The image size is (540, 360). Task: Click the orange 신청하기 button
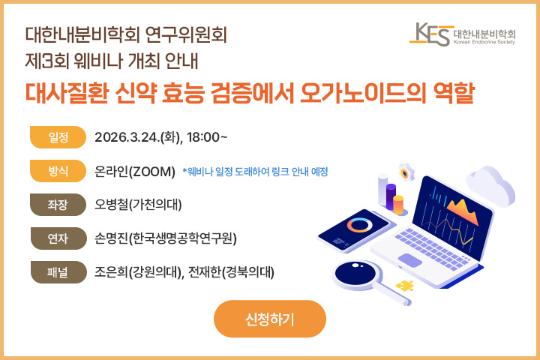[x=270, y=319]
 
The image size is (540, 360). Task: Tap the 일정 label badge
[x=58, y=137]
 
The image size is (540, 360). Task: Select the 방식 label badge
[x=58, y=171]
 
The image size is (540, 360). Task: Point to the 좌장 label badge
[x=58, y=204]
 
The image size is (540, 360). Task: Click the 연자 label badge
[x=58, y=238]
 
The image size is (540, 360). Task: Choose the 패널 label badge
[x=58, y=271]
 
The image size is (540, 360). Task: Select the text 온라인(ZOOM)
[x=135, y=171]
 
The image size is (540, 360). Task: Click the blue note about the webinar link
[x=255, y=172]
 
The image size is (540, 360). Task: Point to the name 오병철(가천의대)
[x=139, y=205]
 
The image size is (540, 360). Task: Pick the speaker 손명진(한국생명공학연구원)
[x=166, y=238]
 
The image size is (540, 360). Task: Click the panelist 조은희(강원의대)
[x=138, y=271]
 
